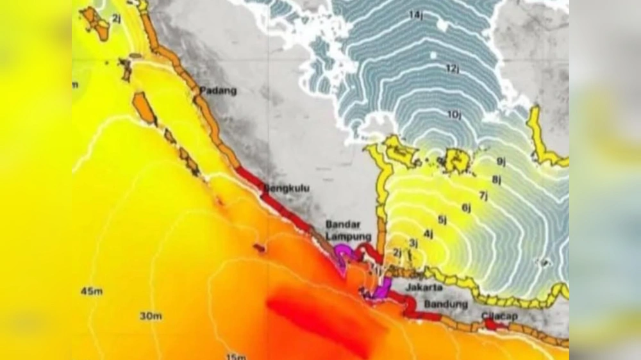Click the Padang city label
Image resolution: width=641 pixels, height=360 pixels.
click(x=218, y=91)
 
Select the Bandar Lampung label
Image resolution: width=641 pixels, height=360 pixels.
click(x=343, y=231)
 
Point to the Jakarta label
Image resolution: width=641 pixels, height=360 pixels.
click(x=424, y=288)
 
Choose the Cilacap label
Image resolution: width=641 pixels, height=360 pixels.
click(x=500, y=316)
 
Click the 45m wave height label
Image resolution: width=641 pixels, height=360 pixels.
click(x=92, y=292)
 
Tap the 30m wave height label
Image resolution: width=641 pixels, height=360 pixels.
click(x=151, y=316)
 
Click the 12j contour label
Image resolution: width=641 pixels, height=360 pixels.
click(x=453, y=69)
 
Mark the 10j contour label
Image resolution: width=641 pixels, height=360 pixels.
click(x=454, y=115)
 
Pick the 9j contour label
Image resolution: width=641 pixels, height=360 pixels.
click(x=501, y=161)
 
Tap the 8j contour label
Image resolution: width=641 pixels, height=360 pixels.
click(x=496, y=179)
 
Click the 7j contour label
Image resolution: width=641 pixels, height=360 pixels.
click(x=483, y=195)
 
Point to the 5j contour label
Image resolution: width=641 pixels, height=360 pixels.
click(x=442, y=220)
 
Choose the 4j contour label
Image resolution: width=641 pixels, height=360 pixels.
click(x=428, y=233)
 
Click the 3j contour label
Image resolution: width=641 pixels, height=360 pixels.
click(x=413, y=243)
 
